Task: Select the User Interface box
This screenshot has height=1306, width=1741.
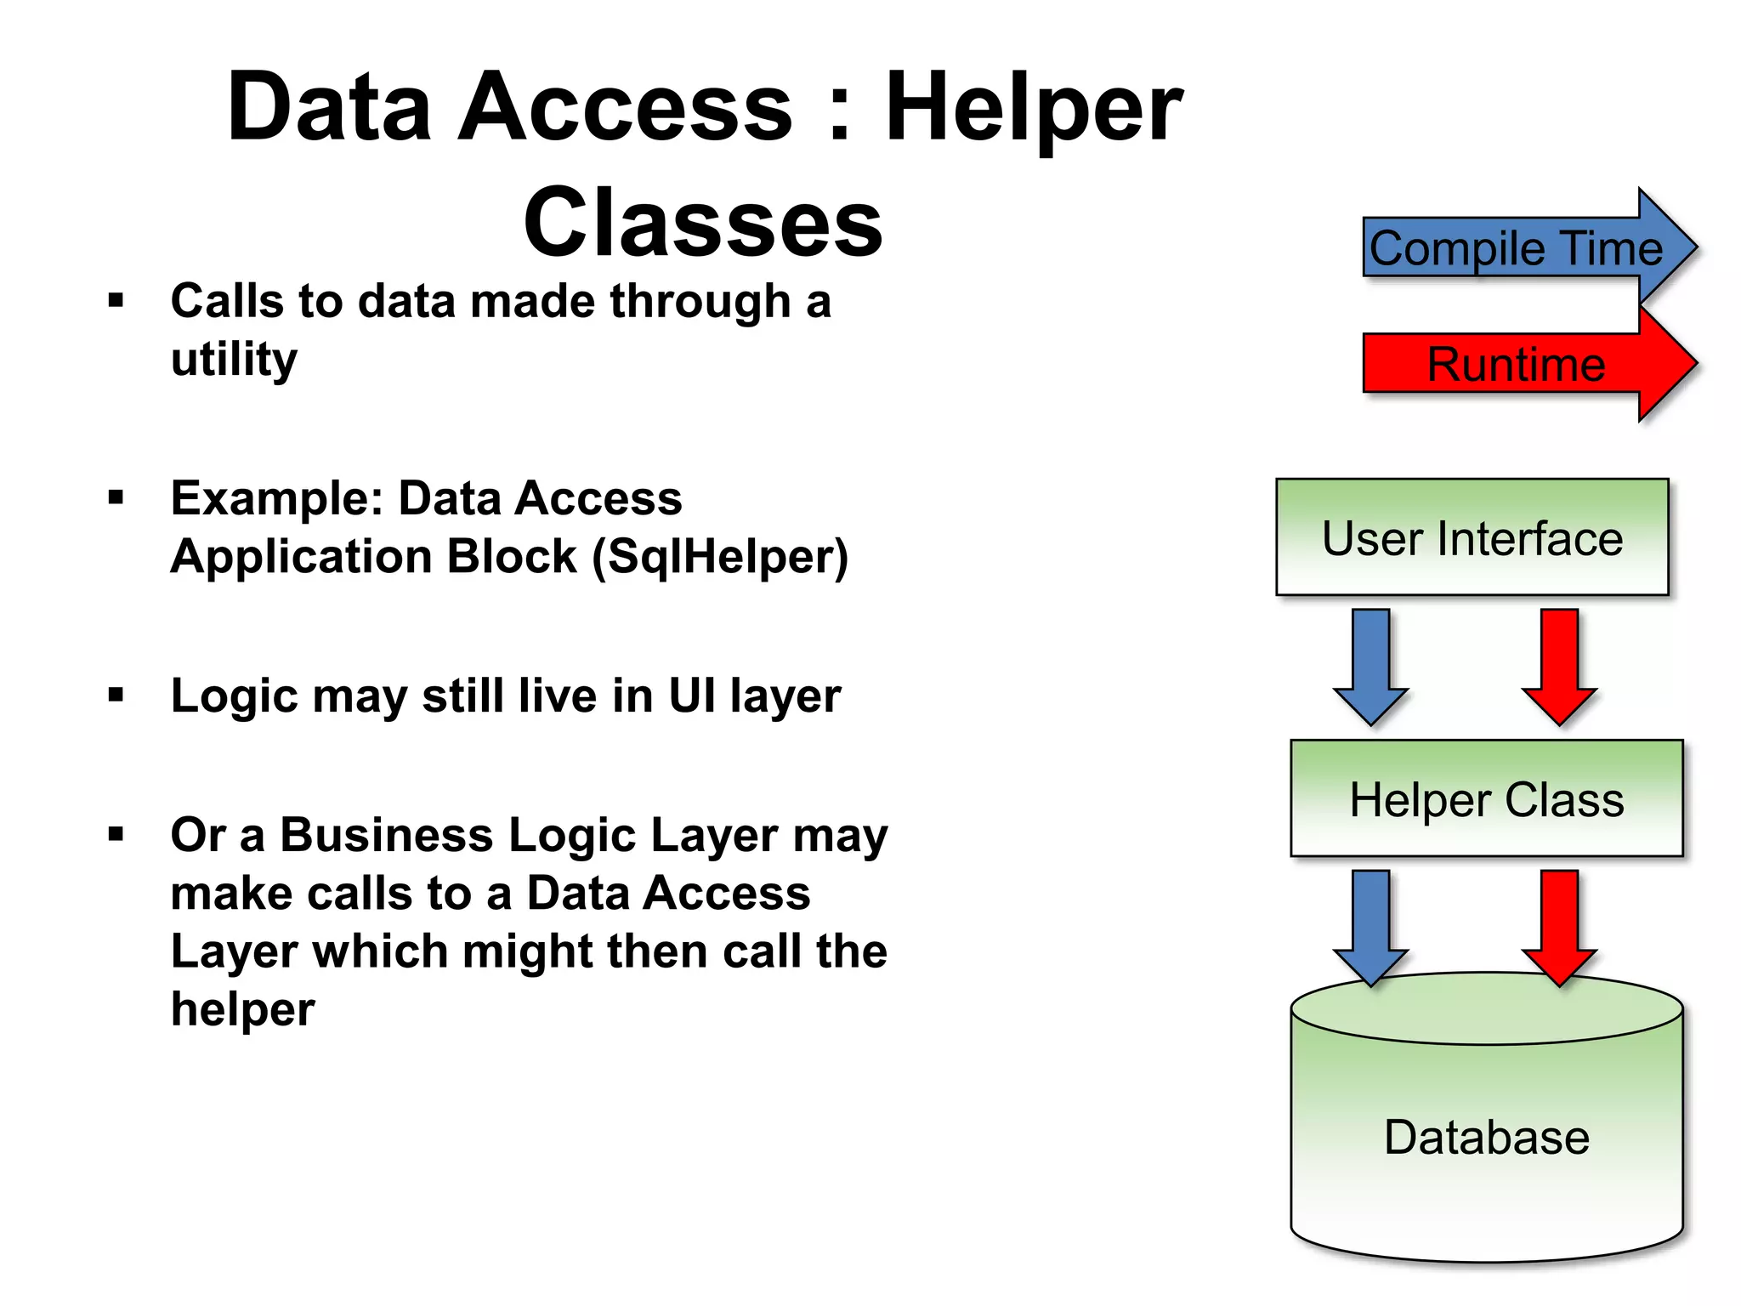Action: (1472, 537)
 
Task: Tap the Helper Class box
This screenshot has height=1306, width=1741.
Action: (1486, 798)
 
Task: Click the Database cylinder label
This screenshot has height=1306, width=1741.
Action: (1486, 1138)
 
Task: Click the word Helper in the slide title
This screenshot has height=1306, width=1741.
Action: (1033, 109)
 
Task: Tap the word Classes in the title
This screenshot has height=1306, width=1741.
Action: (703, 223)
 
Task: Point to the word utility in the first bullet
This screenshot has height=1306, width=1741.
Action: (234, 360)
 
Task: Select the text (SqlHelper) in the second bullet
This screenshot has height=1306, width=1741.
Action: (720, 557)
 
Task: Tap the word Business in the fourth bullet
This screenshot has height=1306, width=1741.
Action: (387, 835)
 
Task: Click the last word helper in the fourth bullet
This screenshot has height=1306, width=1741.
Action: (242, 1009)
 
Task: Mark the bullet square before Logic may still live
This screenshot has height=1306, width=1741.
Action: (116, 696)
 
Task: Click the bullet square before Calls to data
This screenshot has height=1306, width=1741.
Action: (116, 300)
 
